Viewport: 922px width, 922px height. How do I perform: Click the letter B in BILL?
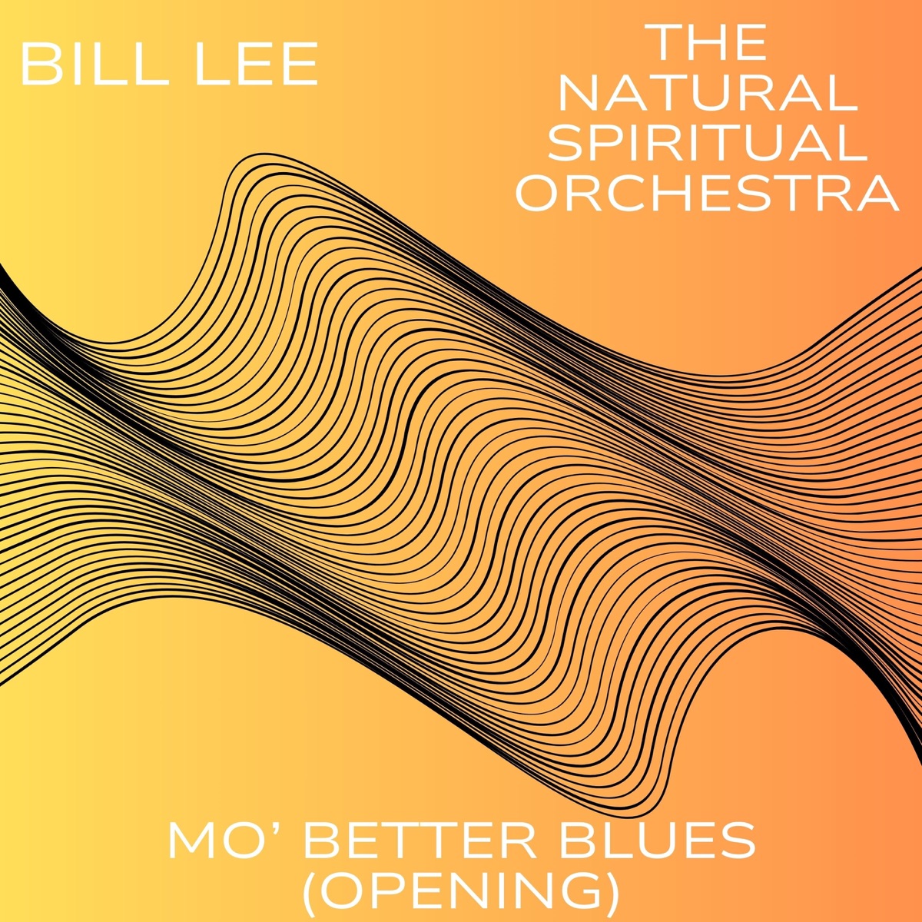click(41, 63)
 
